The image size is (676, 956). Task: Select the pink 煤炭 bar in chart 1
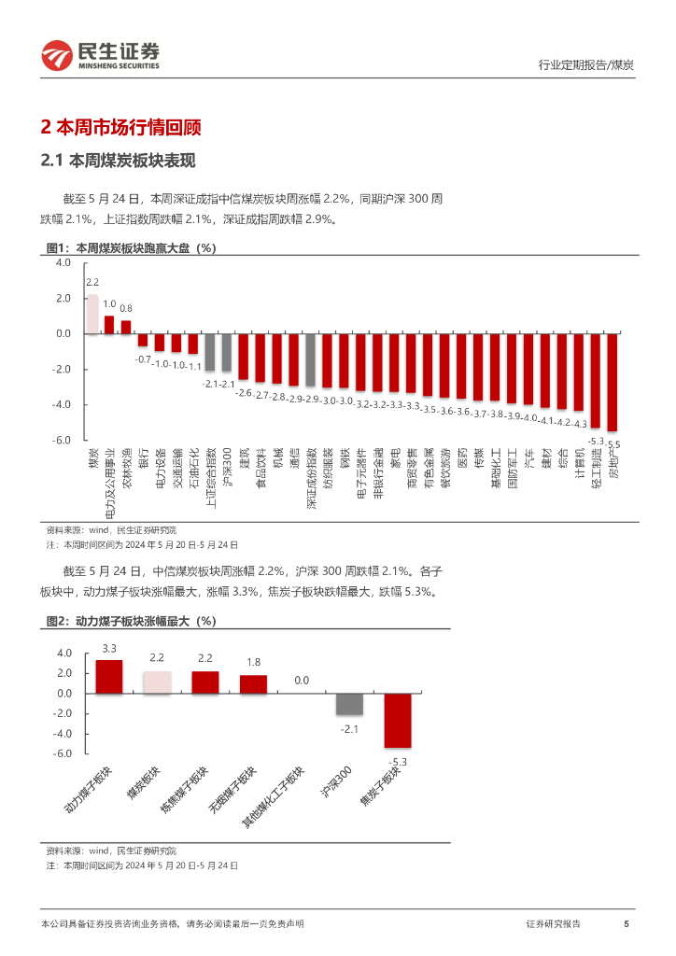coord(92,314)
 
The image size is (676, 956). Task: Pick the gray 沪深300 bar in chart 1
coord(227,353)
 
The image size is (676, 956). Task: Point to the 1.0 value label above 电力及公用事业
coord(109,304)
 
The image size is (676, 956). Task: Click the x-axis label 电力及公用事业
coord(110,482)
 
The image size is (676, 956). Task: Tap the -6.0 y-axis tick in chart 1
coord(63,440)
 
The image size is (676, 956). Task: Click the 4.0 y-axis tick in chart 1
coord(63,263)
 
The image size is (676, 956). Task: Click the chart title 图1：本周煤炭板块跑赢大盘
coord(132,248)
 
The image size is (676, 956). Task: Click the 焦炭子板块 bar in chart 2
coord(399,720)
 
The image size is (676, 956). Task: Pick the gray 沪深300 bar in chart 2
coord(350,704)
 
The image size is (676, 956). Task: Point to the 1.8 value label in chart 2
coord(253,662)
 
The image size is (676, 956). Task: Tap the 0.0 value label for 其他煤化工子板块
coord(302,681)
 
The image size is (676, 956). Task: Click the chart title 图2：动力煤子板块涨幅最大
coord(132,621)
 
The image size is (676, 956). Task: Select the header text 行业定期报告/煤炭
coord(586,64)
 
